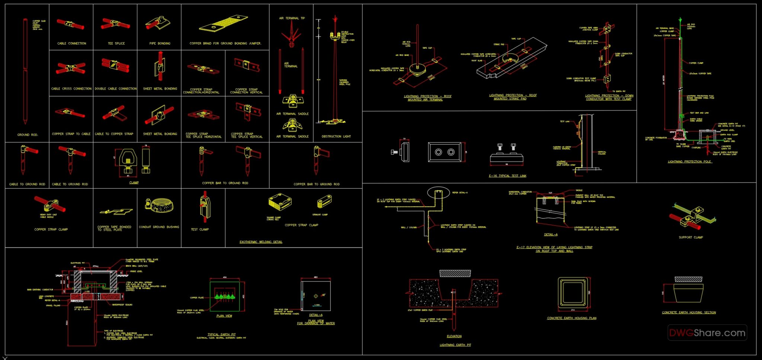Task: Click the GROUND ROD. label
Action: pyautogui.click(x=28, y=135)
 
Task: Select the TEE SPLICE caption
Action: pyautogui.click(x=116, y=44)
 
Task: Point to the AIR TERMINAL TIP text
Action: pyautogui.click(x=292, y=18)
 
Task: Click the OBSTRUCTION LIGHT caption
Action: pyautogui.click(x=336, y=136)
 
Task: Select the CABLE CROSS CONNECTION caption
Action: pyautogui.click(x=71, y=89)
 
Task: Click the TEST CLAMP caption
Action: pyautogui.click(x=200, y=229)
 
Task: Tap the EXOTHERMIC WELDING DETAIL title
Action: pyautogui.click(x=261, y=242)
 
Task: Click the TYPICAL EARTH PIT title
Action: pyautogui.click(x=221, y=334)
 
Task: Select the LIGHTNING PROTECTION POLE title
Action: pyautogui.click(x=689, y=162)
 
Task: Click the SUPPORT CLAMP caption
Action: pyautogui.click(x=691, y=237)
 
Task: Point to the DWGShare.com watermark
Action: pyautogui.click(x=707, y=333)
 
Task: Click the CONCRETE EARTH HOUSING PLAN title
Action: pyautogui.click(x=571, y=318)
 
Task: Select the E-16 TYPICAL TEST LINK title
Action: pyautogui.click(x=508, y=176)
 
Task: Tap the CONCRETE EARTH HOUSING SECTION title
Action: pyautogui.click(x=689, y=313)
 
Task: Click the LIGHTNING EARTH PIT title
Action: pyautogui.click(x=455, y=345)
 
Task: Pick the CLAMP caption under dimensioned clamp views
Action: pyautogui.click(x=134, y=183)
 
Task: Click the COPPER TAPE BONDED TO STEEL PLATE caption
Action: pyautogui.click(x=114, y=228)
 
